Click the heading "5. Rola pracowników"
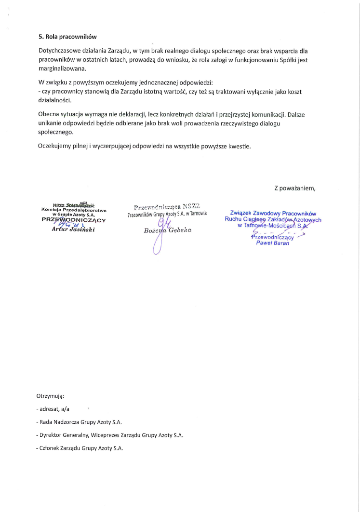[x=68, y=36]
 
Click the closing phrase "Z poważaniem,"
[x=294, y=188]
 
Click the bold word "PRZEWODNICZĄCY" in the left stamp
[x=74, y=219]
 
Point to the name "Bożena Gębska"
[x=167, y=230]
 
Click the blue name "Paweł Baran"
[x=272, y=243]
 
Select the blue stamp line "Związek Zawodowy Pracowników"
[x=273, y=213]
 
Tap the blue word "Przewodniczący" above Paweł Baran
[x=273, y=237]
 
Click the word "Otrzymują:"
[x=50, y=396]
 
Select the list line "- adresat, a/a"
[x=53, y=409]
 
